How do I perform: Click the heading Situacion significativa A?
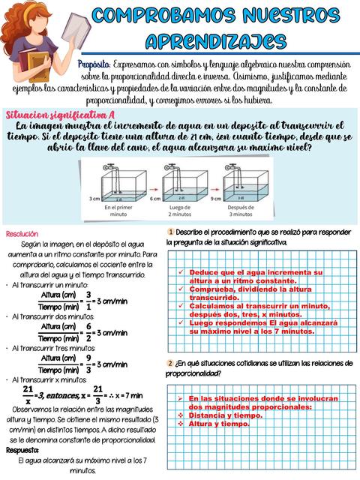click(60, 115)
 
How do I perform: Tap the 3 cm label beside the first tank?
click(93, 199)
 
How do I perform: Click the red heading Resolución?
click(22, 234)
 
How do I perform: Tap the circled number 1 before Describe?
click(172, 231)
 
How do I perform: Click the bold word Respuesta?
click(22, 451)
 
